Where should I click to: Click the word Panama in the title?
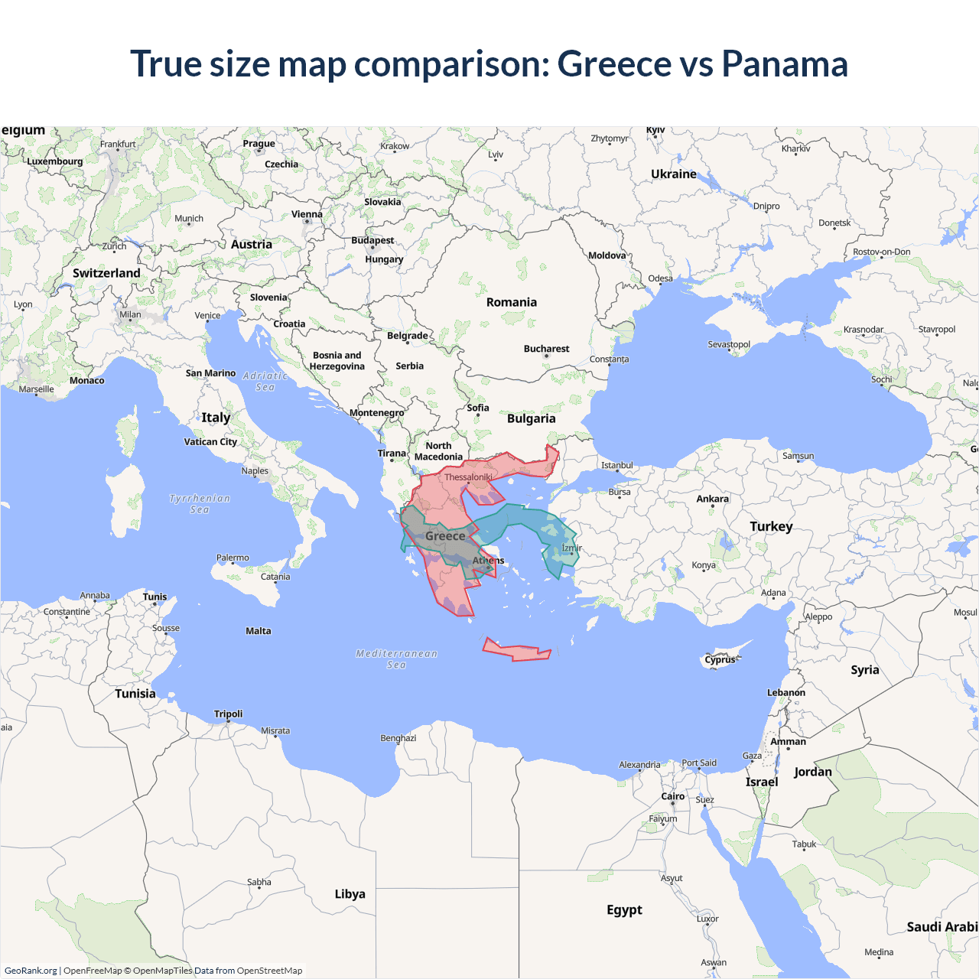click(x=784, y=63)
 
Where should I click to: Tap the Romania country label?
click(x=511, y=302)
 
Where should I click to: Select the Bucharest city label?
click(x=546, y=349)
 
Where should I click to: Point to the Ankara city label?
click(x=712, y=499)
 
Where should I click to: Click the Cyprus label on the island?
click(x=720, y=659)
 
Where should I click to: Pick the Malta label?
click(x=258, y=631)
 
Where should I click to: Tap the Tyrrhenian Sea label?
click(x=199, y=504)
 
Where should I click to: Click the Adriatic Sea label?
click(x=265, y=381)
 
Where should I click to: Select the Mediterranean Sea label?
click(x=396, y=659)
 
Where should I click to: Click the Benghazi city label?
click(x=398, y=738)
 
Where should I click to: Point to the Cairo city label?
click(x=672, y=796)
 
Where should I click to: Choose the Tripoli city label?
click(x=228, y=714)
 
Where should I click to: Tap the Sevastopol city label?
click(x=728, y=344)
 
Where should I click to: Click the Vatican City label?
click(x=210, y=441)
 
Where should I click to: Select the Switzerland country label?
click(x=106, y=273)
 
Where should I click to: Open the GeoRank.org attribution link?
click(x=31, y=971)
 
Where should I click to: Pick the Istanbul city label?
click(x=616, y=465)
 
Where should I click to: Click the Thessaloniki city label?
click(x=468, y=477)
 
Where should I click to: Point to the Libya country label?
click(x=350, y=894)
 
